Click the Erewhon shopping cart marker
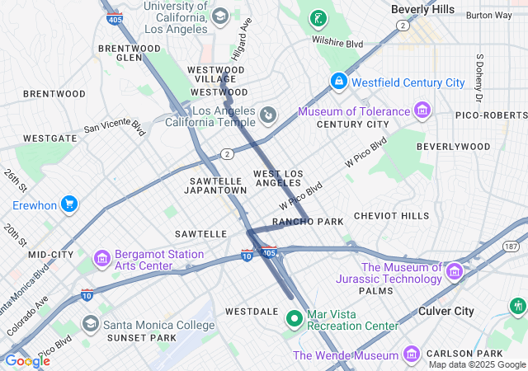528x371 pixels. coord(69,204)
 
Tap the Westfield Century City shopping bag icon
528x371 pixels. coord(338,82)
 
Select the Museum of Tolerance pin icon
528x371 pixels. coord(422,110)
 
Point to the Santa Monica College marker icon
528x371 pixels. coord(91,324)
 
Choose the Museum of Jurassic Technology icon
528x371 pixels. coord(454,271)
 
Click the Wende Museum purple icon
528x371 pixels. coord(412,355)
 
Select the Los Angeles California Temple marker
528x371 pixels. coord(268,115)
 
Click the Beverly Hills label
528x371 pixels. coord(422,9)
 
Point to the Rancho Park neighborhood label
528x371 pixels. coord(308,222)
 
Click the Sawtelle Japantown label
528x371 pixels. coord(218,185)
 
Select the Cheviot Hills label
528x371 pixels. coord(391,216)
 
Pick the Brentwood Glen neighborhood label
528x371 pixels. coord(130,53)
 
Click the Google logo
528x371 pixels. coord(26,361)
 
